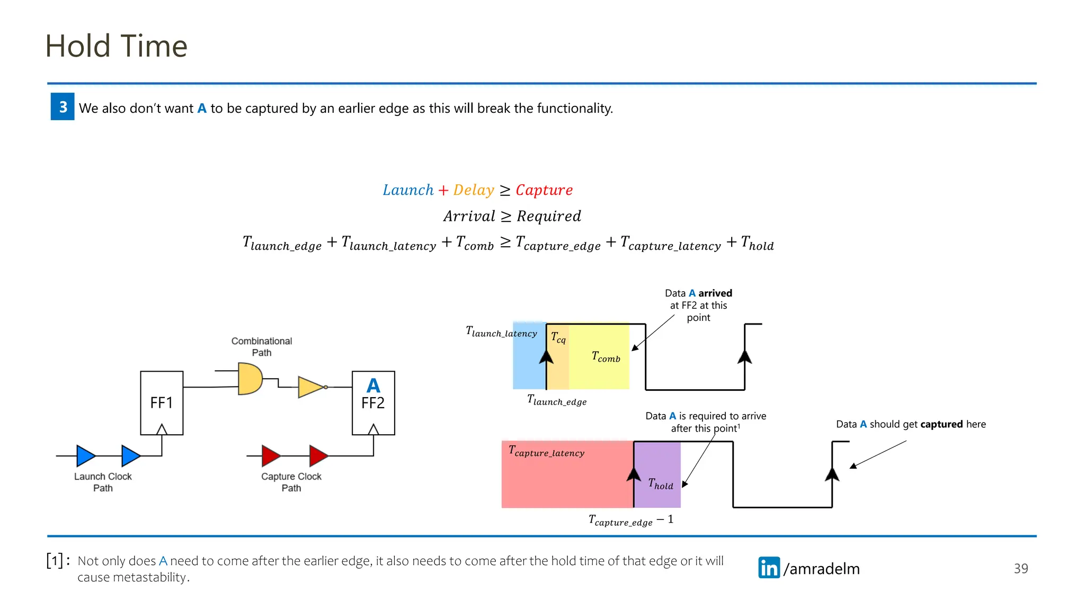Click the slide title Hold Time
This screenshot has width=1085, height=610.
[x=116, y=46]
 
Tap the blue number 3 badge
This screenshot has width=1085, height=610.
[x=63, y=106]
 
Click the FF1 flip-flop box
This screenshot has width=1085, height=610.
[x=162, y=403]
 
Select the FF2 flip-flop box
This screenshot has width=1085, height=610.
[x=373, y=403]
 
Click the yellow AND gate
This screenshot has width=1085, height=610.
[x=250, y=379]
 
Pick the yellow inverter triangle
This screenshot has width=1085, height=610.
[x=310, y=387]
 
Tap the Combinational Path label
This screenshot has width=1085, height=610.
[x=261, y=347]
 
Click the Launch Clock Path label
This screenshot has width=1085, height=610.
[x=103, y=482]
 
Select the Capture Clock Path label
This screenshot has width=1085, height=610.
[x=291, y=482]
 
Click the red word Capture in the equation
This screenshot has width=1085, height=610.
[x=544, y=190]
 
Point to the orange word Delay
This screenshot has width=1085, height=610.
[x=473, y=190]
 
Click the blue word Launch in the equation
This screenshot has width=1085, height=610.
[x=408, y=190]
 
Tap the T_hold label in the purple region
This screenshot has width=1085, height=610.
[x=661, y=484]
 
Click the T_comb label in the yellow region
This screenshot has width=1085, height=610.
[x=606, y=357]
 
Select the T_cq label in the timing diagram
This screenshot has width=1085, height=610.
[x=558, y=337]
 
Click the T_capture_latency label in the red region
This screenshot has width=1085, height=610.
[x=546, y=451]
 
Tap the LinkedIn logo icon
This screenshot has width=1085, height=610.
[x=769, y=568]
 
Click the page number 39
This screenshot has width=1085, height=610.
[x=1020, y=569]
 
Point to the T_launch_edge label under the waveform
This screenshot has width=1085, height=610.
[x=557, y=400]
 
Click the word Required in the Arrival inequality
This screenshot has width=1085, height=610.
[x=549, y=216]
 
